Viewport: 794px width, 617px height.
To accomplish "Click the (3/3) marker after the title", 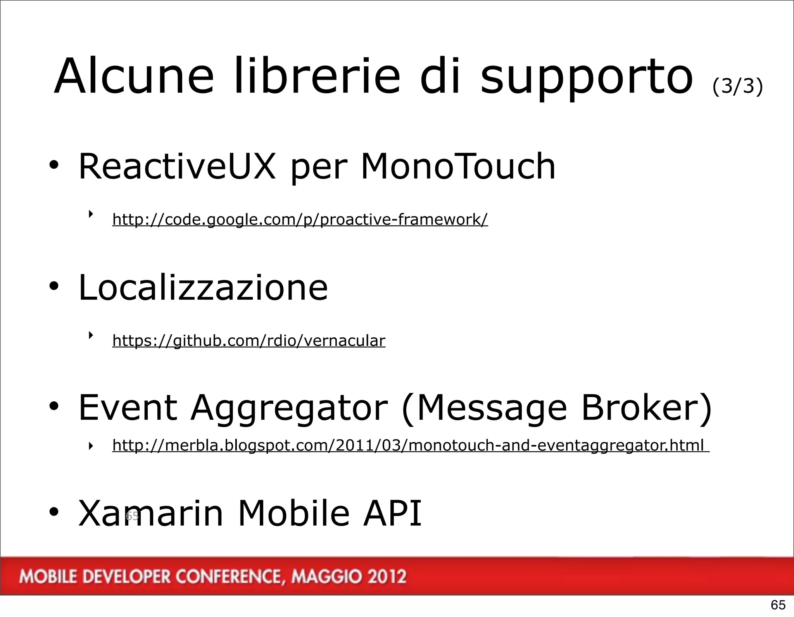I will pos(737,86).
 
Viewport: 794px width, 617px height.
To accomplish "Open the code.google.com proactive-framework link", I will pos(300,220).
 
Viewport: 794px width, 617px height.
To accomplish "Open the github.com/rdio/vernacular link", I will pos(249,341).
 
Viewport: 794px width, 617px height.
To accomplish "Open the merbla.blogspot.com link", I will pos(410,445).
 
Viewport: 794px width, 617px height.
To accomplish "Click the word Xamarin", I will pos(151,514).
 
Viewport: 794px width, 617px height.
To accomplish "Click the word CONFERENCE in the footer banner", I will pos(229,577).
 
